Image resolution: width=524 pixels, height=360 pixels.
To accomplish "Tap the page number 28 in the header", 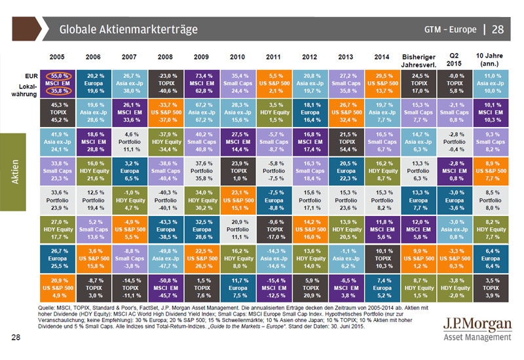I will pyautogui.click(x=498, y=29).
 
